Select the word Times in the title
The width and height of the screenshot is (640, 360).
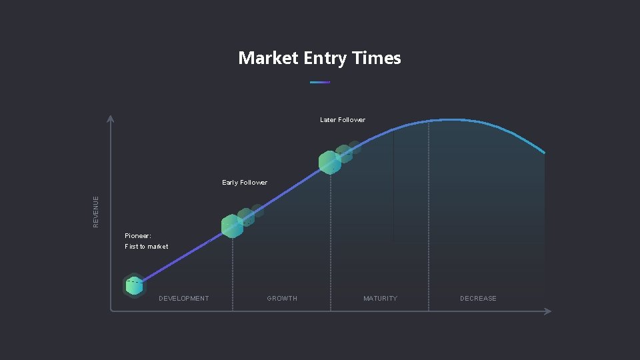tap(377, 58)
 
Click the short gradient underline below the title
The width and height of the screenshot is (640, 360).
tap(320, 82)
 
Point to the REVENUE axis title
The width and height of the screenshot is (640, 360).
tap(96, 211)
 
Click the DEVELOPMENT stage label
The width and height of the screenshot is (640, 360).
tap(183, 298)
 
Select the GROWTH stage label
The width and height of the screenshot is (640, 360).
tap(282, 298)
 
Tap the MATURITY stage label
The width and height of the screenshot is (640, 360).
tap(380, 298)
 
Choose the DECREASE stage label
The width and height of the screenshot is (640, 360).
tap(478, 298)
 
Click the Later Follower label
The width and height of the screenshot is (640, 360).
tap(343, 120)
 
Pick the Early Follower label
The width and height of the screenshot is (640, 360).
tap(245, 183)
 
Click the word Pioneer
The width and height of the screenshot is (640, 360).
tap(138, 235)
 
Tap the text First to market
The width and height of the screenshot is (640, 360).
tap(147, 247)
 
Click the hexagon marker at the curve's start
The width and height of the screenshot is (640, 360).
tap(134, 286)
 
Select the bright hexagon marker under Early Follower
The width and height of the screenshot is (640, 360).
tap(232, 227)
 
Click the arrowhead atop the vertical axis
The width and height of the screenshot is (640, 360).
tap(111, 119)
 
